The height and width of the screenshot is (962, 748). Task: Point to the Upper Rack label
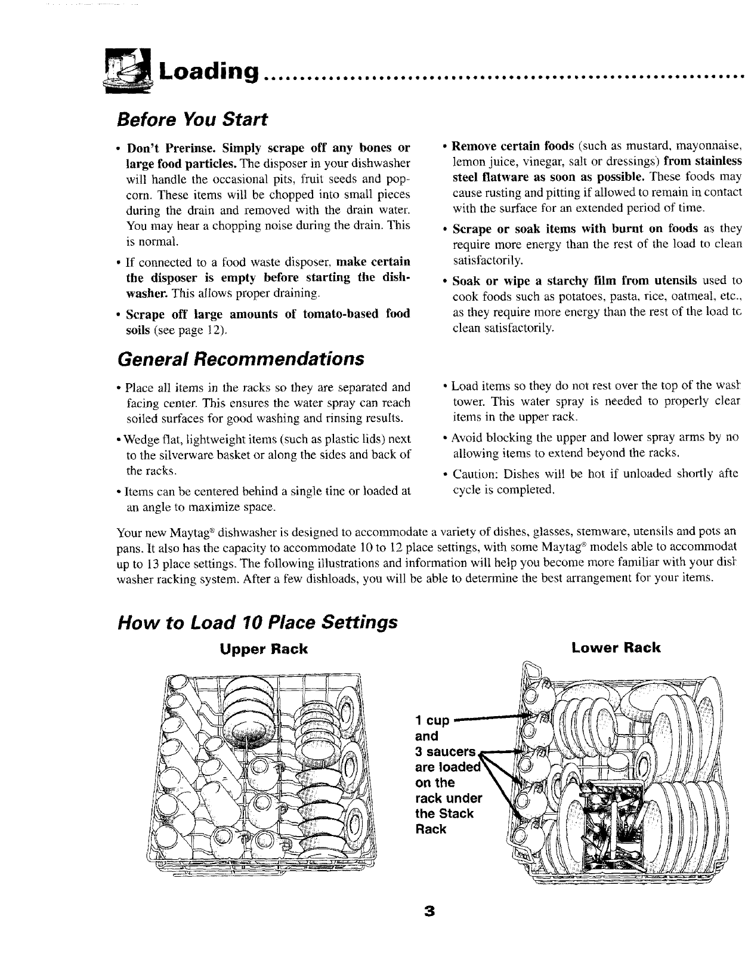pyautogui.click(x=262, y=649)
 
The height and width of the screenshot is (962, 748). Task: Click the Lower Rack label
pyautogui.click(x=616, y=647)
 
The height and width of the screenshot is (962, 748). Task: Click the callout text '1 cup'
pyautogui.click(x=431, y=720)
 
